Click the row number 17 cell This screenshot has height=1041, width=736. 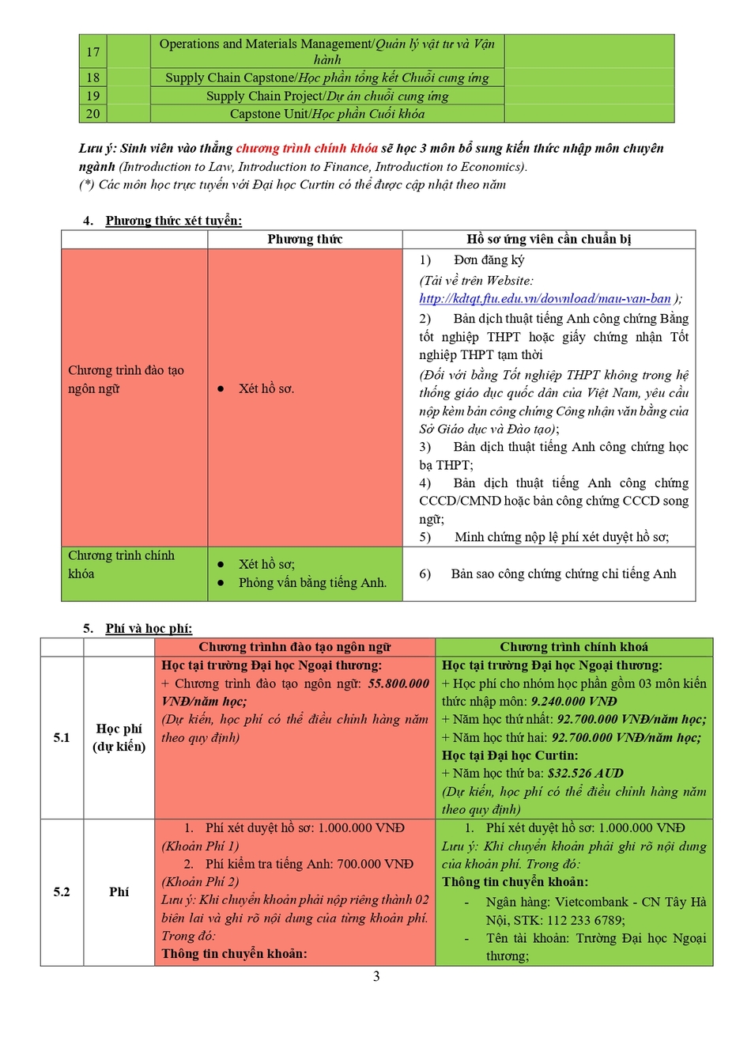93,52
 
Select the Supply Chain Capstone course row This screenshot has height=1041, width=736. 326,78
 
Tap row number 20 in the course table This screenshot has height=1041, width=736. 93,114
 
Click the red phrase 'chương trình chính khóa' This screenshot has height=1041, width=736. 307,149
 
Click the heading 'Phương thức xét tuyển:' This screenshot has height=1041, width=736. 174,221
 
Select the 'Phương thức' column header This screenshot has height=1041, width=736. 304,239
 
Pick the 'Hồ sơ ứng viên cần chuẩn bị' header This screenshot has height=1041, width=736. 549,239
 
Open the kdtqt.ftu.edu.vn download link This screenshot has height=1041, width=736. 545,298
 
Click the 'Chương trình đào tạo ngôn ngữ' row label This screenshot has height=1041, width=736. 126,379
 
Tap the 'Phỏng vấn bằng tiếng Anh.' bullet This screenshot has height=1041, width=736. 312,582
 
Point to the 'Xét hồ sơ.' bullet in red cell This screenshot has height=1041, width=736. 266,388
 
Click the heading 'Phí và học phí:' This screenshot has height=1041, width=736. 149,628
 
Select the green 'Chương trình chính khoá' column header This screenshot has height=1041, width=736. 574,647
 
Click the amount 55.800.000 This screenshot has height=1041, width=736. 398,683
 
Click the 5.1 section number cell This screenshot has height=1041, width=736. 62,737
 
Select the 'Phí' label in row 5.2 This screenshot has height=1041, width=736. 119,891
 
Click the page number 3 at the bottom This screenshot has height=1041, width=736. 376,976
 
